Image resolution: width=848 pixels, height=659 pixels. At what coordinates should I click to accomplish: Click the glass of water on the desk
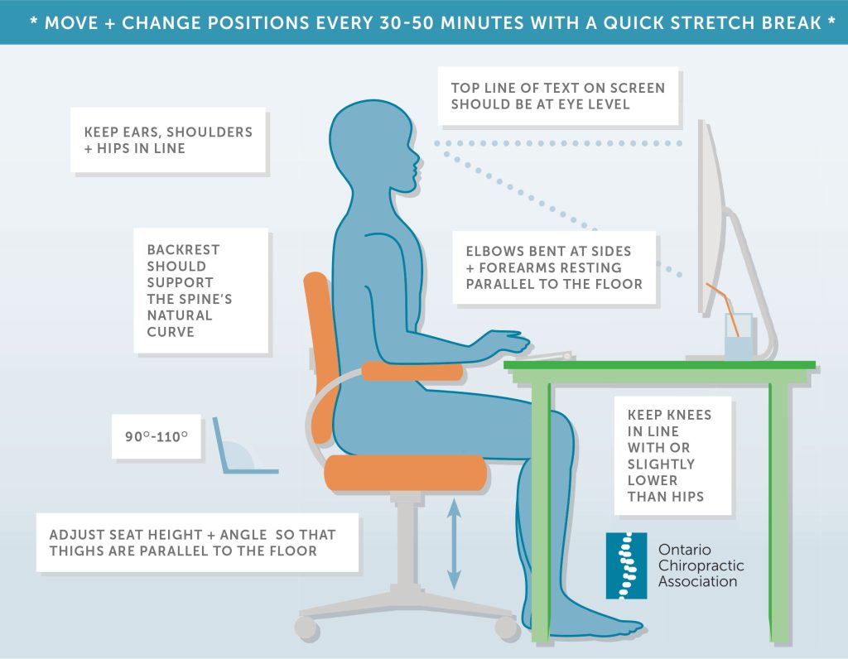pyautogui.click(x=738, y=338)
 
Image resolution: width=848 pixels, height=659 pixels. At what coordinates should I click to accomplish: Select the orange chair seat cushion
pyautogui.click(x=403, y=472)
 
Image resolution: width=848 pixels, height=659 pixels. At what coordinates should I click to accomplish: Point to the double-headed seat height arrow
pyautogui.click(x=454, y=542)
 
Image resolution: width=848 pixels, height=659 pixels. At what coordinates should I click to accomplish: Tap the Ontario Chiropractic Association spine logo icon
pyautogui.click(x=626, y=565)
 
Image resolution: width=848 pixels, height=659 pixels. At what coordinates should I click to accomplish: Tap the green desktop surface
pyautogui.click(x=662, y=365)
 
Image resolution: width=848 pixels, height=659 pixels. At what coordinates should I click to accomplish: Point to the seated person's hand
pyautogui.click(x=507, y=340)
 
